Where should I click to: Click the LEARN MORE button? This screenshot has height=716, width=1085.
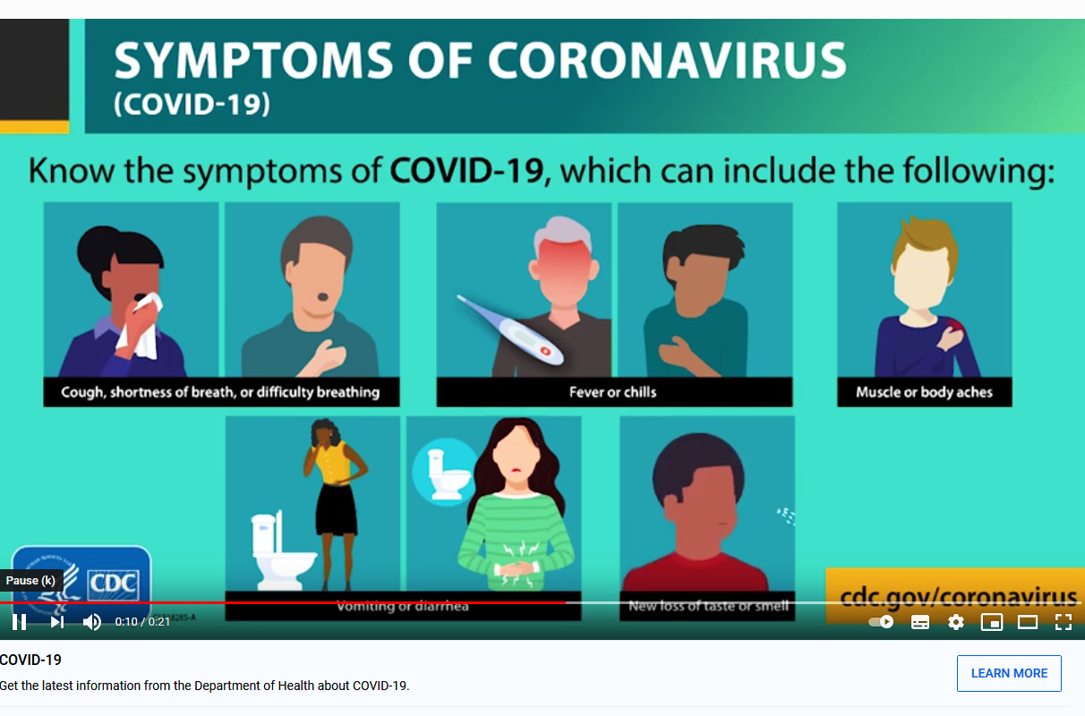tap(1009, 673)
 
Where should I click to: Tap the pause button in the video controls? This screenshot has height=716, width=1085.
tap(20, 622)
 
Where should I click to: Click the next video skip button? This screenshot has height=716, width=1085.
tap(57, 622)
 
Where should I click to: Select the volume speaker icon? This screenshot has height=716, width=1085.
tap(92, 622)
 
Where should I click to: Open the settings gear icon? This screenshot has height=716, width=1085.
tap(956, 622)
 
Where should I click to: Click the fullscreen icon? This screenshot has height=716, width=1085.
tap(1064, 622)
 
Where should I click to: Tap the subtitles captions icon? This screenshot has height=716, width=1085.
tap(919, 622)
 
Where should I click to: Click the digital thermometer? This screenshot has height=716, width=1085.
tap(511, 330)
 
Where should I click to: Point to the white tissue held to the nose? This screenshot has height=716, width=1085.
tap(142, 327)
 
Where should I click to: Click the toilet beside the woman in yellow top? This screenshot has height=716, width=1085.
tap(282, 552)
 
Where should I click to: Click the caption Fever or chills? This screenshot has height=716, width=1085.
tap(612, 392)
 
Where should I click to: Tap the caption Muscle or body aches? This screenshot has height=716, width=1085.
tap(924, 392)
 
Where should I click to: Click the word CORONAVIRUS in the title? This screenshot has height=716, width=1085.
tap(667, 60)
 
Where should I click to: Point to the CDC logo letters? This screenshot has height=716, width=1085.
tap(113, 583)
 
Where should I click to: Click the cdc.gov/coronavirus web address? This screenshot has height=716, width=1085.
tap(958, 596)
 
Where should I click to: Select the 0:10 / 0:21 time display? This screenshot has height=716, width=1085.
tap(142, 622)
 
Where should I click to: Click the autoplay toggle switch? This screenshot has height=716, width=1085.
tap(881, 622)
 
